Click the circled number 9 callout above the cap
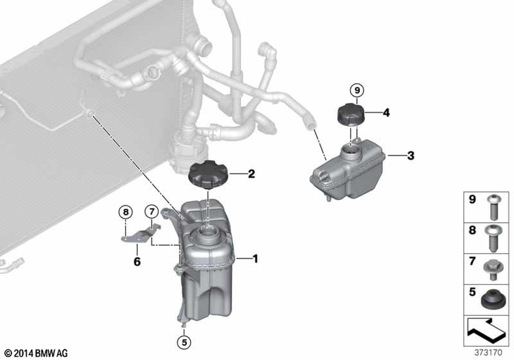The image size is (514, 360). tap(357, 90)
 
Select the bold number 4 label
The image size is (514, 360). tap(387, 113)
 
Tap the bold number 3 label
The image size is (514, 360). tap(411, 155)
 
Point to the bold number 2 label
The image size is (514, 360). tap(251, 174)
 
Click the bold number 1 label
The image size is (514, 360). tap(255, 259)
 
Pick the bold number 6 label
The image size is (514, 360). tap(137, 262)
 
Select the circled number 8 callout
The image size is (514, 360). tap(125, 212)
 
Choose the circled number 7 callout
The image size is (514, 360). tap(152, 212)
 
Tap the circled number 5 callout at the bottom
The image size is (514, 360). tap(184, 343)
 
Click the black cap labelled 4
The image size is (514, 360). tap(351, 114)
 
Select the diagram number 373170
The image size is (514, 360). tap(488, 353)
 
